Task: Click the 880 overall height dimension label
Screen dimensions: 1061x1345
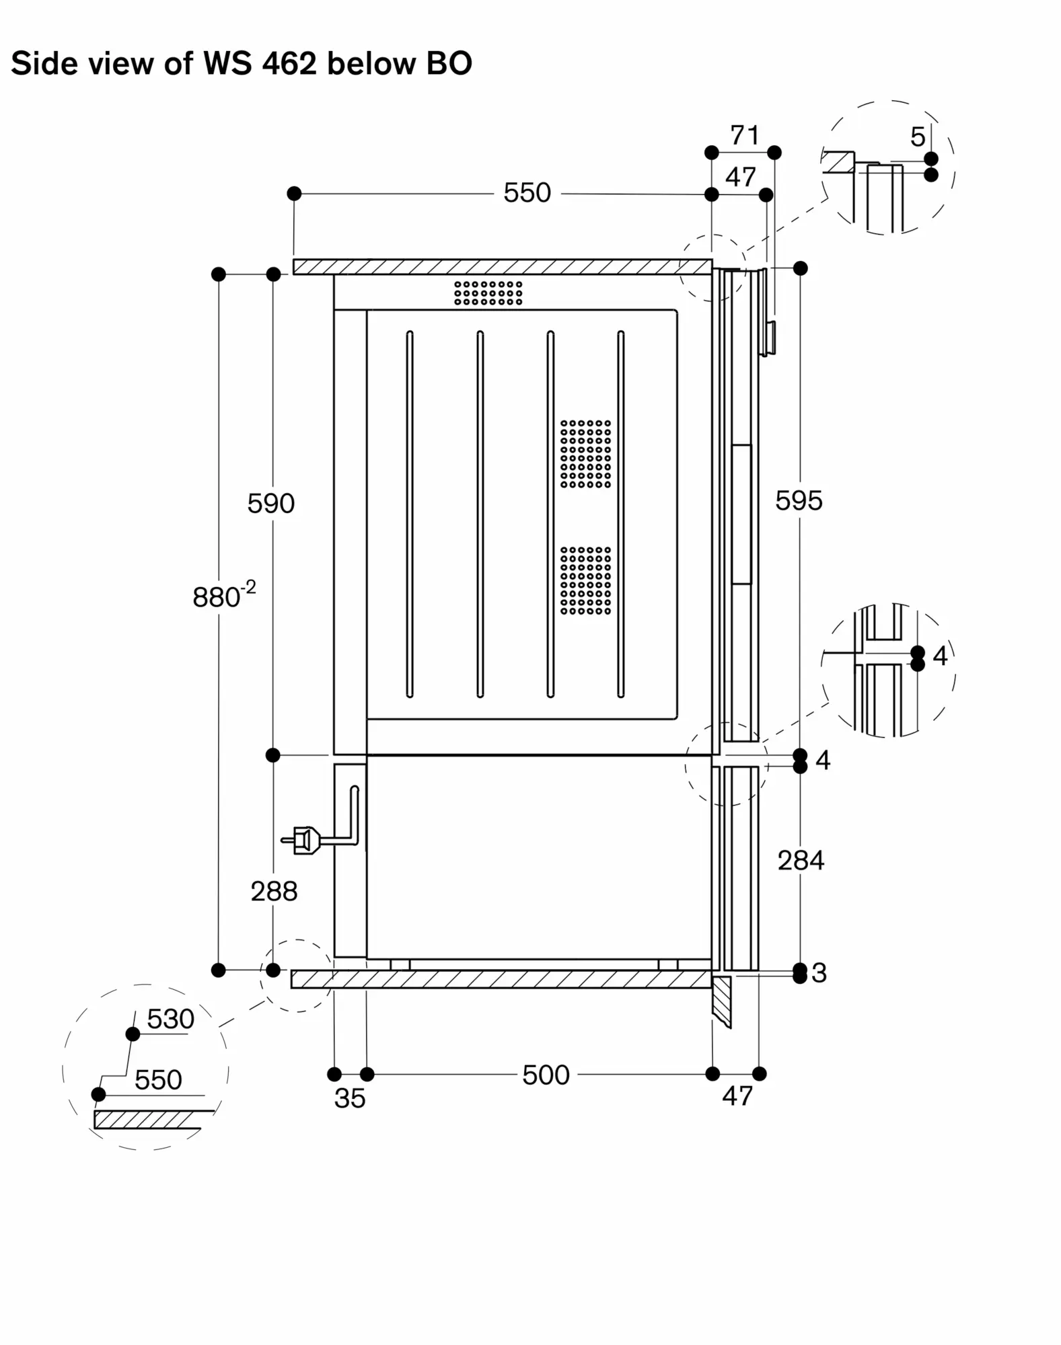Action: coord(224,595)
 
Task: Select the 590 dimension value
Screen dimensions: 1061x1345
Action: coord(271,504)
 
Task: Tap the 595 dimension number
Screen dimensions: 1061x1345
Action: coord(799,501)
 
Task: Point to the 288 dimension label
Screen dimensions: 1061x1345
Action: coord(274,892)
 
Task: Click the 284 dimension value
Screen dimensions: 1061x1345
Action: coord(801,861)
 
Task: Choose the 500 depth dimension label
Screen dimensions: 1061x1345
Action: coord(546,1075)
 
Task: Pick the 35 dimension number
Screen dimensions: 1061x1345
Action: coord(350,1098)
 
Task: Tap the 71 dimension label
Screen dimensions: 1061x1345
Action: coord(745,136)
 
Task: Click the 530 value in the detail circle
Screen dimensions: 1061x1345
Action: coord(171,1020)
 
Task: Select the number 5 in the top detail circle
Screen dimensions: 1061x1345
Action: coord(918,137)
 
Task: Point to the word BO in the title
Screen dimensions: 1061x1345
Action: coord(449,64)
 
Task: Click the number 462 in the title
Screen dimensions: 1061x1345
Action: coord(289,64)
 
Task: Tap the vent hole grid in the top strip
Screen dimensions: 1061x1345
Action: coord(488,293)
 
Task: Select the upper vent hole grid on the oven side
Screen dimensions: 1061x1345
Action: coord(586,454)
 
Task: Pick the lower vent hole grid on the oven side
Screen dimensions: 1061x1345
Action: coord(586,580)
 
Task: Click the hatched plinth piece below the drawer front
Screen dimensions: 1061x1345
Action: coord(721,1002)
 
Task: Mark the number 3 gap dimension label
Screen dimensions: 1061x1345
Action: coord(819,973)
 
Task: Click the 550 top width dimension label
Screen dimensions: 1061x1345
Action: coord(527,193)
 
